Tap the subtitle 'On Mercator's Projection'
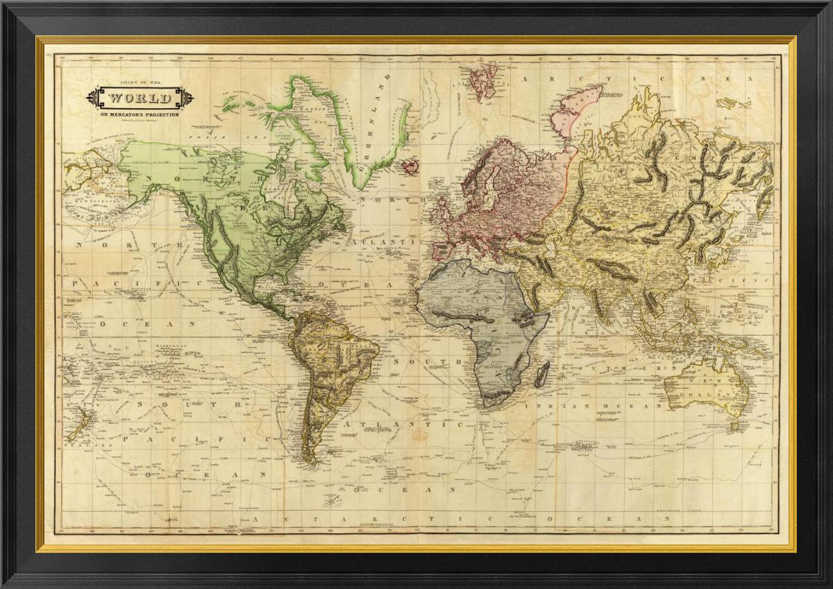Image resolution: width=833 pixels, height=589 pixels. pos(139,114)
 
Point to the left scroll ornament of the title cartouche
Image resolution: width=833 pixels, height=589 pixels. pos(93,98)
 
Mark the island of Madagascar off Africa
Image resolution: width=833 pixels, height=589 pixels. pos(541,373)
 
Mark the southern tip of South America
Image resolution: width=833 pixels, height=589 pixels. pos(311,459)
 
